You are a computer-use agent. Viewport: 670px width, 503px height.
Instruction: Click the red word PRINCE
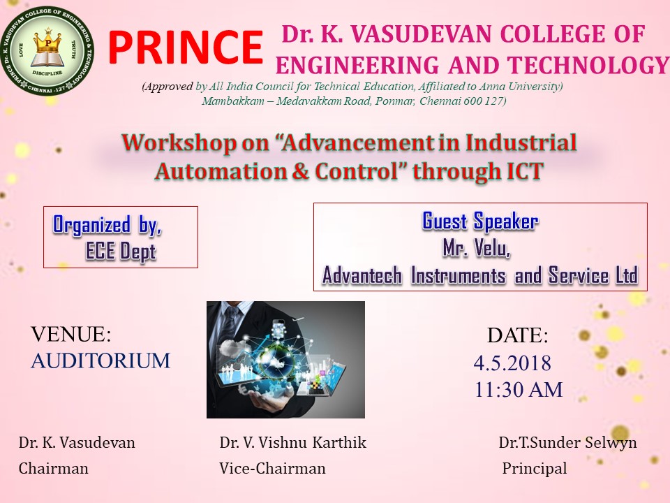pyautogui.click(x=186, y=47)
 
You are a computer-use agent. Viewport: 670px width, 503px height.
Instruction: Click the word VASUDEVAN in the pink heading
pyautogui.click(x=422, y=34)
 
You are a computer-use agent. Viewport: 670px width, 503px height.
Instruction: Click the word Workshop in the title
pyautogui.click(x=179, y=143)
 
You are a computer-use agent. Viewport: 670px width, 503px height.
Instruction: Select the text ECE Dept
pyautogui.click(x=121, y=251)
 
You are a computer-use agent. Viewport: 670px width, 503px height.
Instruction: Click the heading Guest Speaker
pyautogui.click(x=480, y=221)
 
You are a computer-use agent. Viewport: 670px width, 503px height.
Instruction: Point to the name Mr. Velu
pyautogui.click(x=477, y=248)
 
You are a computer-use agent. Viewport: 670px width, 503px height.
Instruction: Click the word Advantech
pyautogui.click(x=362, y=275)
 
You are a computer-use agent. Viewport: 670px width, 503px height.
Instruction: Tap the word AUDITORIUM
pyautogui.click(x=100, y=360)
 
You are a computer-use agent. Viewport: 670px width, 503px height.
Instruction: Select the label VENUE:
pyautogui.click(x=71, y=334)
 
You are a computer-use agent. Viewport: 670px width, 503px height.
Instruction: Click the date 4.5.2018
pyautogui.click(x=512, y=363)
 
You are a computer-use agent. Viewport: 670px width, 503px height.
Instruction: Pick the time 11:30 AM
pyautogui.click(x=519, y=390)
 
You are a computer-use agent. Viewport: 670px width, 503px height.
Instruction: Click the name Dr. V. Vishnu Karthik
pyautogui.click(x=292, y=442)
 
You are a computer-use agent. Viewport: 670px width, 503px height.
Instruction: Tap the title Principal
pyautogui.click(x=535, y=468)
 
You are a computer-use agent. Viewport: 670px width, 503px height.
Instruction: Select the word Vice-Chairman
pyautogui.click(x=272, y=468)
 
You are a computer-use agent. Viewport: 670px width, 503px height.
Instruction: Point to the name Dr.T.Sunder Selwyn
pyautogui.click(x=567, y=442)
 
